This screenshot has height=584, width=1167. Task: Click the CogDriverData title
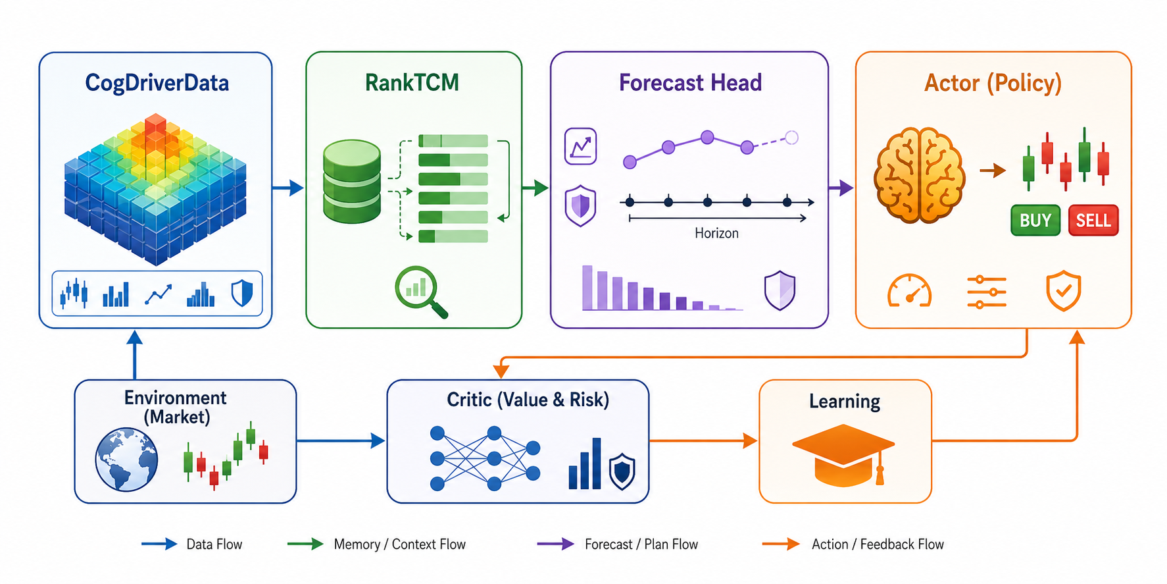point(157,83)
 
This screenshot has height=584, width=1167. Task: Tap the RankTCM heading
point(412,83)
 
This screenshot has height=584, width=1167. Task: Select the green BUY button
point(1035,221)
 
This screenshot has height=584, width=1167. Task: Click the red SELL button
point(1093,221)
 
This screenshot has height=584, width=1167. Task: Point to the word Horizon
point(716,233)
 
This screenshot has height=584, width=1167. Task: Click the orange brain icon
point(919,174)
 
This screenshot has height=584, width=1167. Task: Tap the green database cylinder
point(352,182)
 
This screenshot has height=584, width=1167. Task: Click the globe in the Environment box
point(126,460)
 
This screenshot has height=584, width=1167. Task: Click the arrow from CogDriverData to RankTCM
point(287,188)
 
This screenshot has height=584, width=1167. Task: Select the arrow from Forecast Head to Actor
point(841,188)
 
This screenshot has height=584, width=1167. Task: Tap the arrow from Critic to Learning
point(703,440)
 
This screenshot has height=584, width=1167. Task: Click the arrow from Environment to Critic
point(341,440)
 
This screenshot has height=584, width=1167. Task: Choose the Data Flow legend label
point(214,544)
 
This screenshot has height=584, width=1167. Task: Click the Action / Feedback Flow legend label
point(878,544)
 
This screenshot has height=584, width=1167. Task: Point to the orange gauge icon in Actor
point(910,290)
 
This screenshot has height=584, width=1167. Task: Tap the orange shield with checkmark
point(1064,290)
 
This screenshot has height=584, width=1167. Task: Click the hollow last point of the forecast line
point(792,138)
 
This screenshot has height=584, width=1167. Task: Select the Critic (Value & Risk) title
point(528,400)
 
